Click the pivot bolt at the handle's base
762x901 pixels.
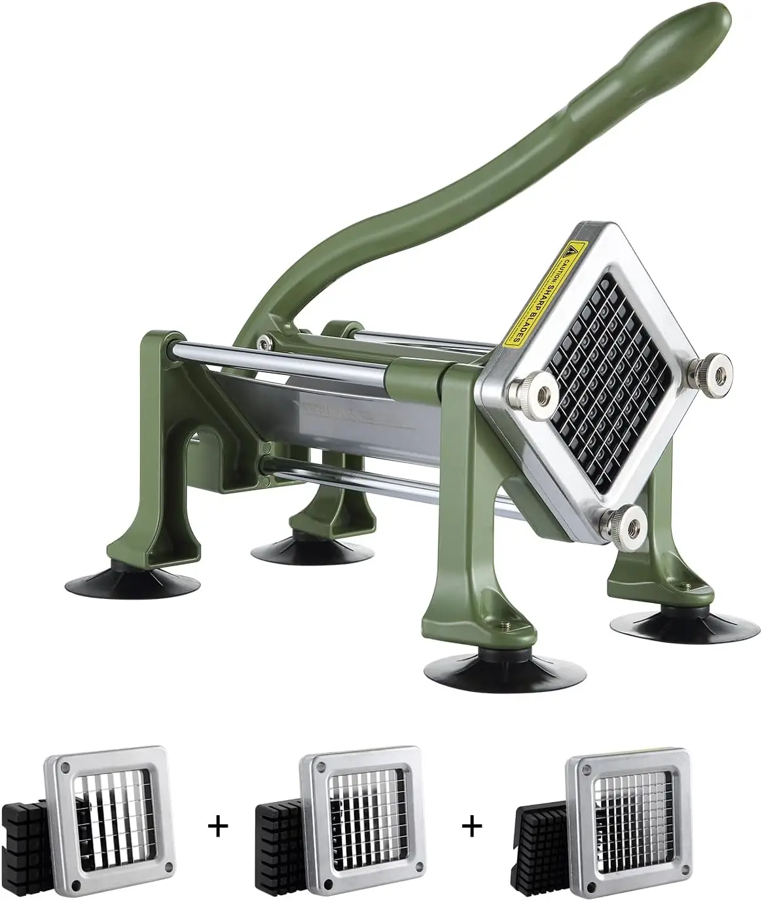264,341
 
